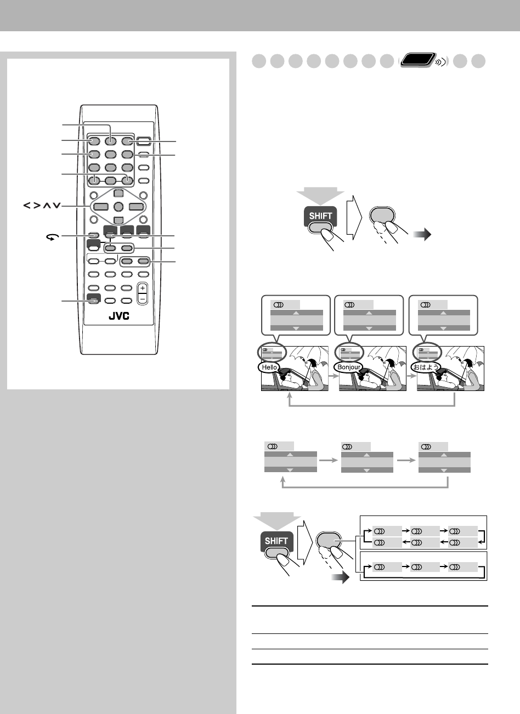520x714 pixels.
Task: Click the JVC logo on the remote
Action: pyautogui.click(x=118, y=318)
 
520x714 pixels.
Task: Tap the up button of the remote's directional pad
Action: pyautogui.click(x=118, y=194)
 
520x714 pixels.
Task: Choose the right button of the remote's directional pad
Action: pyautogui.click(x=136, y=207)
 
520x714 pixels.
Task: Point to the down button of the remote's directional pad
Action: pyautogui.click(x=118, y=220)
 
